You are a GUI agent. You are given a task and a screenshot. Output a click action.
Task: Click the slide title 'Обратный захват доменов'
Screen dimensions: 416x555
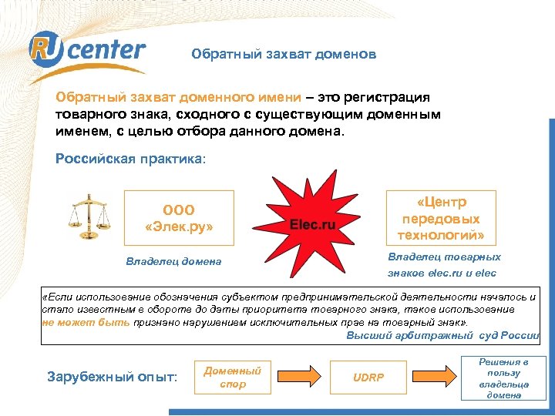coord(284,55)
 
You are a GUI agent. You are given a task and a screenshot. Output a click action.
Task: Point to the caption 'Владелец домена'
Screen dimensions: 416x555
coord(173,261)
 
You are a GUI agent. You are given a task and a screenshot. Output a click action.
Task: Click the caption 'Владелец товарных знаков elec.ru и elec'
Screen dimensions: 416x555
coord(442,265)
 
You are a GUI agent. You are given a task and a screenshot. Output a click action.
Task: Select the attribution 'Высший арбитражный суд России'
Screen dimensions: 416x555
coord(442,335)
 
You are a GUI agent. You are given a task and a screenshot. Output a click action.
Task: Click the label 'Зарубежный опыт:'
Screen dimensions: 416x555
coord(112,377)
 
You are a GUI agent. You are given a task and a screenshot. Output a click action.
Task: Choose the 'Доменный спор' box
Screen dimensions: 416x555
coord(233,377)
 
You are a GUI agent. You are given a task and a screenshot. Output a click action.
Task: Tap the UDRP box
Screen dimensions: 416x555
coord(368,377)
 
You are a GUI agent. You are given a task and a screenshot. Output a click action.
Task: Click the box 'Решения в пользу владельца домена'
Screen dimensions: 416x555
coord(503,377)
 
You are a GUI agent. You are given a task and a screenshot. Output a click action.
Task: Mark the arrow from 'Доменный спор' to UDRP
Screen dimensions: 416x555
coord(300,377)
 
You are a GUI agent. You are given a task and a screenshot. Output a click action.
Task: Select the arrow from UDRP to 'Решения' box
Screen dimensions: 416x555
coord(434,377)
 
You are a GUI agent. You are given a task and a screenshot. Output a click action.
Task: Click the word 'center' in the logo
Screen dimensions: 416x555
coord(112,51)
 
